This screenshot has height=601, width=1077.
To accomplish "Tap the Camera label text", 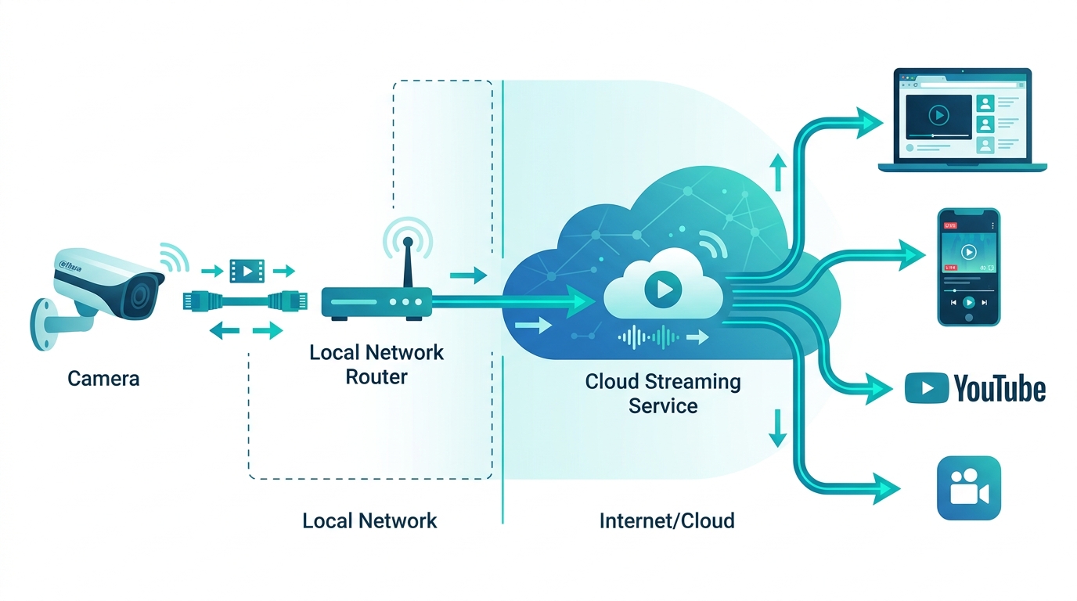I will tap(103, 379).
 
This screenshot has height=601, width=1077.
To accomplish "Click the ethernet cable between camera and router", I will tap(245, 300).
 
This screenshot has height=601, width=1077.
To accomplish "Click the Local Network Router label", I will tap(376, 364).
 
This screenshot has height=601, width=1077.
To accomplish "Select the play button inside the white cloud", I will tap(662, 290).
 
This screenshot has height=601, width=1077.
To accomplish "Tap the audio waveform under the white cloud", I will tap(649, 337).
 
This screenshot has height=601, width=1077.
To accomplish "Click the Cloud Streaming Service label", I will tap(663, 394).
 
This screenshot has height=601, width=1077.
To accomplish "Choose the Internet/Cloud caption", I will tap(667, 520).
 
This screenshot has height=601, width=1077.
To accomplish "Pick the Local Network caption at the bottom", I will tap(369, 520).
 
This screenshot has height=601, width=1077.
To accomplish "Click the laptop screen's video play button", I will tap(938, 116).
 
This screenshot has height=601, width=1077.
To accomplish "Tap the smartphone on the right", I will tap(969, 266).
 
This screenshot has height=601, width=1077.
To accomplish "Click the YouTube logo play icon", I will tap(926, 388).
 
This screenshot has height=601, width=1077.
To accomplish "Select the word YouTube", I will tap(1000, 388).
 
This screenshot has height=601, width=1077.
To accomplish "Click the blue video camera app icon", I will tap(969, 488).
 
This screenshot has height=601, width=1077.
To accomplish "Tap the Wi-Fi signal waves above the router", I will tap(406, 236).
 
